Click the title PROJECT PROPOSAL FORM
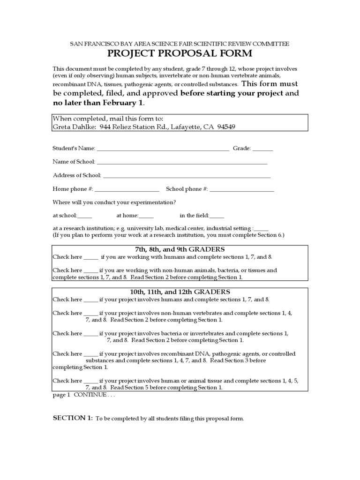[180, 53]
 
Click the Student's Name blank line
[162, 149]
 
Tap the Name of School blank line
[182, 162]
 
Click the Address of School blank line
[187, 176]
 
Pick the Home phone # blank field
[127, 189]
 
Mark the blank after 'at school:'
[85, 216]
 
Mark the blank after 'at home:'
[146, 216]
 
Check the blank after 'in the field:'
[217, 216]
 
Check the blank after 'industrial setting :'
[261, 228]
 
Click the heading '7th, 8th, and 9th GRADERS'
[180, 249]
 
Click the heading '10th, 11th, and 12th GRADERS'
[180, 292]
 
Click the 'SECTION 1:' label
[73, 418]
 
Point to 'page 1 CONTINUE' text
[83, 395]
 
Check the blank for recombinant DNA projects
[91, 354]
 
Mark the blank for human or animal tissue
[91, 381]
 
